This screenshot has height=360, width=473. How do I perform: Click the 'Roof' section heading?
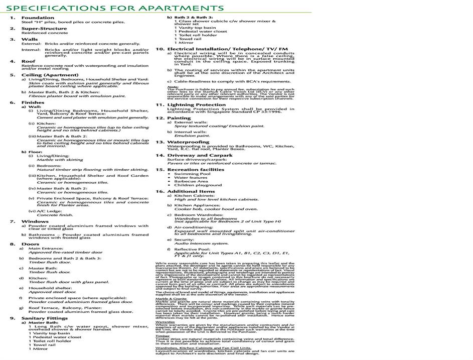coord(28,61)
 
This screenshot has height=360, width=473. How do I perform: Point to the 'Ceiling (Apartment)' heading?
coord(46,75)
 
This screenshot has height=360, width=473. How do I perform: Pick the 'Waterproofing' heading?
coord(188,142)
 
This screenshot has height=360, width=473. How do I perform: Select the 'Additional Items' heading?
coord(191,191)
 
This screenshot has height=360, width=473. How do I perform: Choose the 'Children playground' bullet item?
coord(198,185)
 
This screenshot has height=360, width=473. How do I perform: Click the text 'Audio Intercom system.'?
coord(201,243)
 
